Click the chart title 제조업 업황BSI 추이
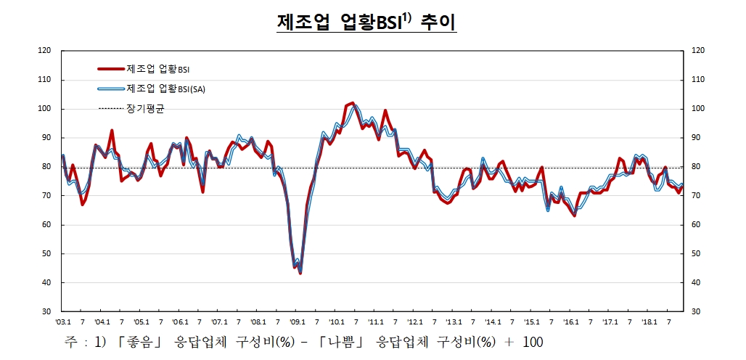tap(366, 22)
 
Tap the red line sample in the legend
tap(111, 70)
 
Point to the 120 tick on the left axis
tap(44, 51)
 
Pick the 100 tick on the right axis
tap(698, 109)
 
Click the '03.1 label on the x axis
tap(62, 322)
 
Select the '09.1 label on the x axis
tap(298, 322)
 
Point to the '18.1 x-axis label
tap(649, 322)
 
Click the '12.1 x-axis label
tap(414, 322)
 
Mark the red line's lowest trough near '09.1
tap(300, 273)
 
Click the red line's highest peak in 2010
tap(353, 103)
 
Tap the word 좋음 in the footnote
tap(143, 341)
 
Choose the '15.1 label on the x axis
tap(532, 322)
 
